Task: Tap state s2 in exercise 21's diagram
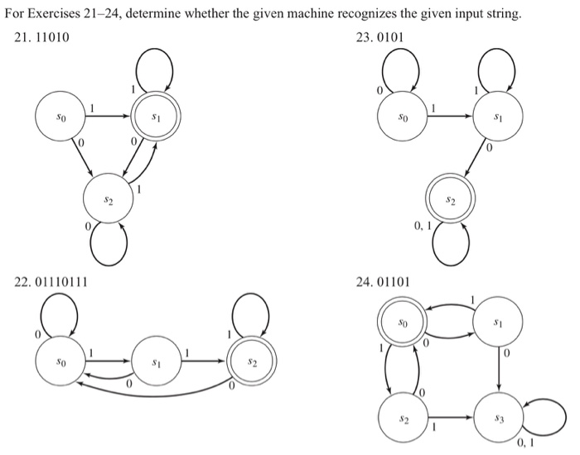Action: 109,199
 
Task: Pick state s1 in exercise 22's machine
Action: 154,362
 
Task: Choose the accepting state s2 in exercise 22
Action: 253,362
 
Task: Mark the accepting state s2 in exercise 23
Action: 450,199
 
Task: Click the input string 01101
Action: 391,283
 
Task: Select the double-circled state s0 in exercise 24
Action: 401,319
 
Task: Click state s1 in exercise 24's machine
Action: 497,319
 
